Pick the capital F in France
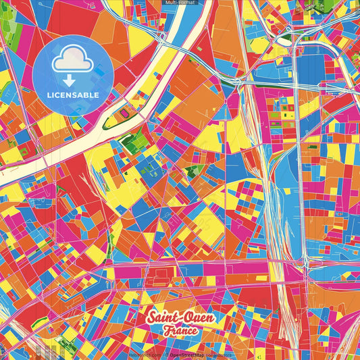click(x=165, y=331)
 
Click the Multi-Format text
click(x=180, y=3)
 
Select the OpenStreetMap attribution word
click(x=187, y=355)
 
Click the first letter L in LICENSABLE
click(x=49, y=95)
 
